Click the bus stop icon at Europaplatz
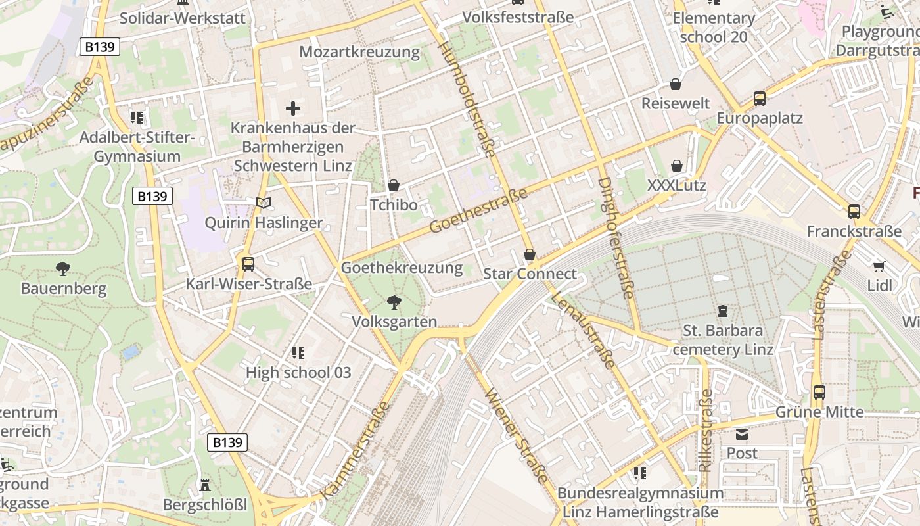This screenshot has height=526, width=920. click(x=760, y=99)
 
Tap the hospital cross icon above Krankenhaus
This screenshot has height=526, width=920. click(x=293, y=108)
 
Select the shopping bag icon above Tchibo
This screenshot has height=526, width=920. click(x=394, y=185)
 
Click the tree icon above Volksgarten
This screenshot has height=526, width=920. click(x=394, y=302)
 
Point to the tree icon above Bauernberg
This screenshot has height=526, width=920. click(x=63, y=268)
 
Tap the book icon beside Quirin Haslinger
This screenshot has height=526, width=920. click(x=264, y=203)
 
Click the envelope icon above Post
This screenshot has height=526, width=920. click(x=742, y=434)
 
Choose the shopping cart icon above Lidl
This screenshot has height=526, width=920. click(x=879, y=266)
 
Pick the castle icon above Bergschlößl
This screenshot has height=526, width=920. click(x=205, y=485)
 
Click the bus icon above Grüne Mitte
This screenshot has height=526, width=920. click(x=819, y=393)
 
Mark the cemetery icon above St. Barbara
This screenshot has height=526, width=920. click(x=723, y=310)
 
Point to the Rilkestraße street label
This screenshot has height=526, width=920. click(x=706, y=431)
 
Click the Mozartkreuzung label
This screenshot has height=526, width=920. click(x=359, y=51)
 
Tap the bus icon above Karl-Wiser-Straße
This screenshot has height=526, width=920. click(x=248, y=264)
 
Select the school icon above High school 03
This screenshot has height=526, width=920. click(x=298, y=353)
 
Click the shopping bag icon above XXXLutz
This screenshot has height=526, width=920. click(x=677, y=166)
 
